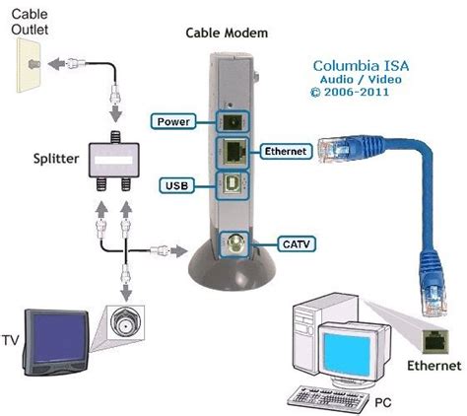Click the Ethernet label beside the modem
click(x=288, y=151)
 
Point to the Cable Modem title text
click(x=224, y=33)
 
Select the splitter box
click(x=115, y=158)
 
